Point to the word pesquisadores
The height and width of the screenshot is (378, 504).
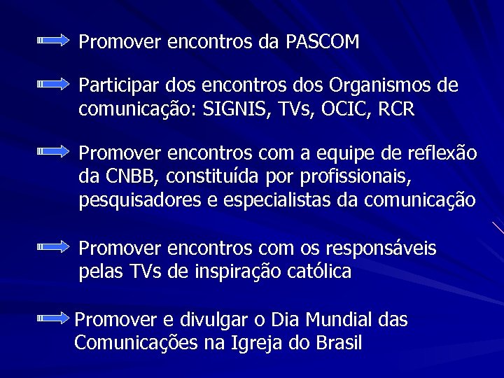click(140, 201)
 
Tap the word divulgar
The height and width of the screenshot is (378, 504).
click(213, 320)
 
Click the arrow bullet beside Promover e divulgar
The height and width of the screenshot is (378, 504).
click(53, 318)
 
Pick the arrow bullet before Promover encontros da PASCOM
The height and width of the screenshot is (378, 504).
click(53, 41)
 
